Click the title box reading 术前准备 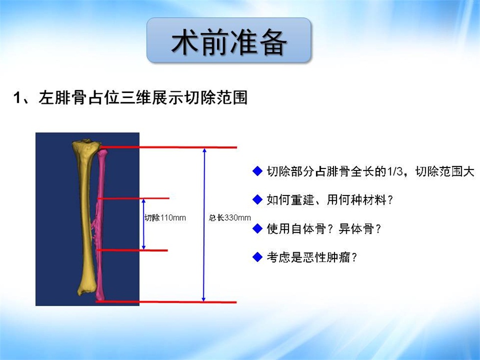click(229, 40)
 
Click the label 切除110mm click(166, 217)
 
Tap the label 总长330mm click(230, 217)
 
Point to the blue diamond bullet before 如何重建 click(258, 200)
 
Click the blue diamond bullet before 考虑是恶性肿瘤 click(258, 257)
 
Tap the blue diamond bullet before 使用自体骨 click(258, 228)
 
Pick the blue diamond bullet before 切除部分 click(258, 171)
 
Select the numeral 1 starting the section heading click(17, 98)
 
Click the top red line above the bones click(168, 147)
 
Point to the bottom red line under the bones click(166, 302)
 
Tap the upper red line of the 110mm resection click(133, 198)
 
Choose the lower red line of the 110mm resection click(132, 250)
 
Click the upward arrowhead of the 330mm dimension click(205, 150)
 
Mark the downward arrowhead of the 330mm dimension click(204, 299)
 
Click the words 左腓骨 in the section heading click(63, 98)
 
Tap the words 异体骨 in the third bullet click(356, 229)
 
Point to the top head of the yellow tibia click(86, 144)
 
